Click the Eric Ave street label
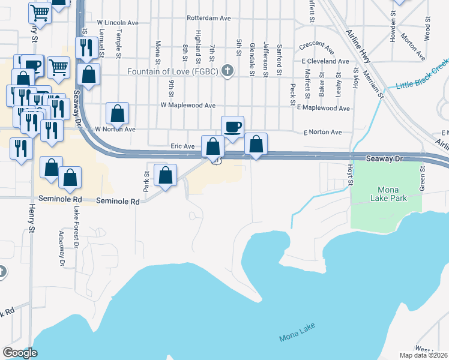point(182,146)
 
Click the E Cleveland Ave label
point(325,61)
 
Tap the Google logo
point(20,352)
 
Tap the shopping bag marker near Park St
point(165,175)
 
